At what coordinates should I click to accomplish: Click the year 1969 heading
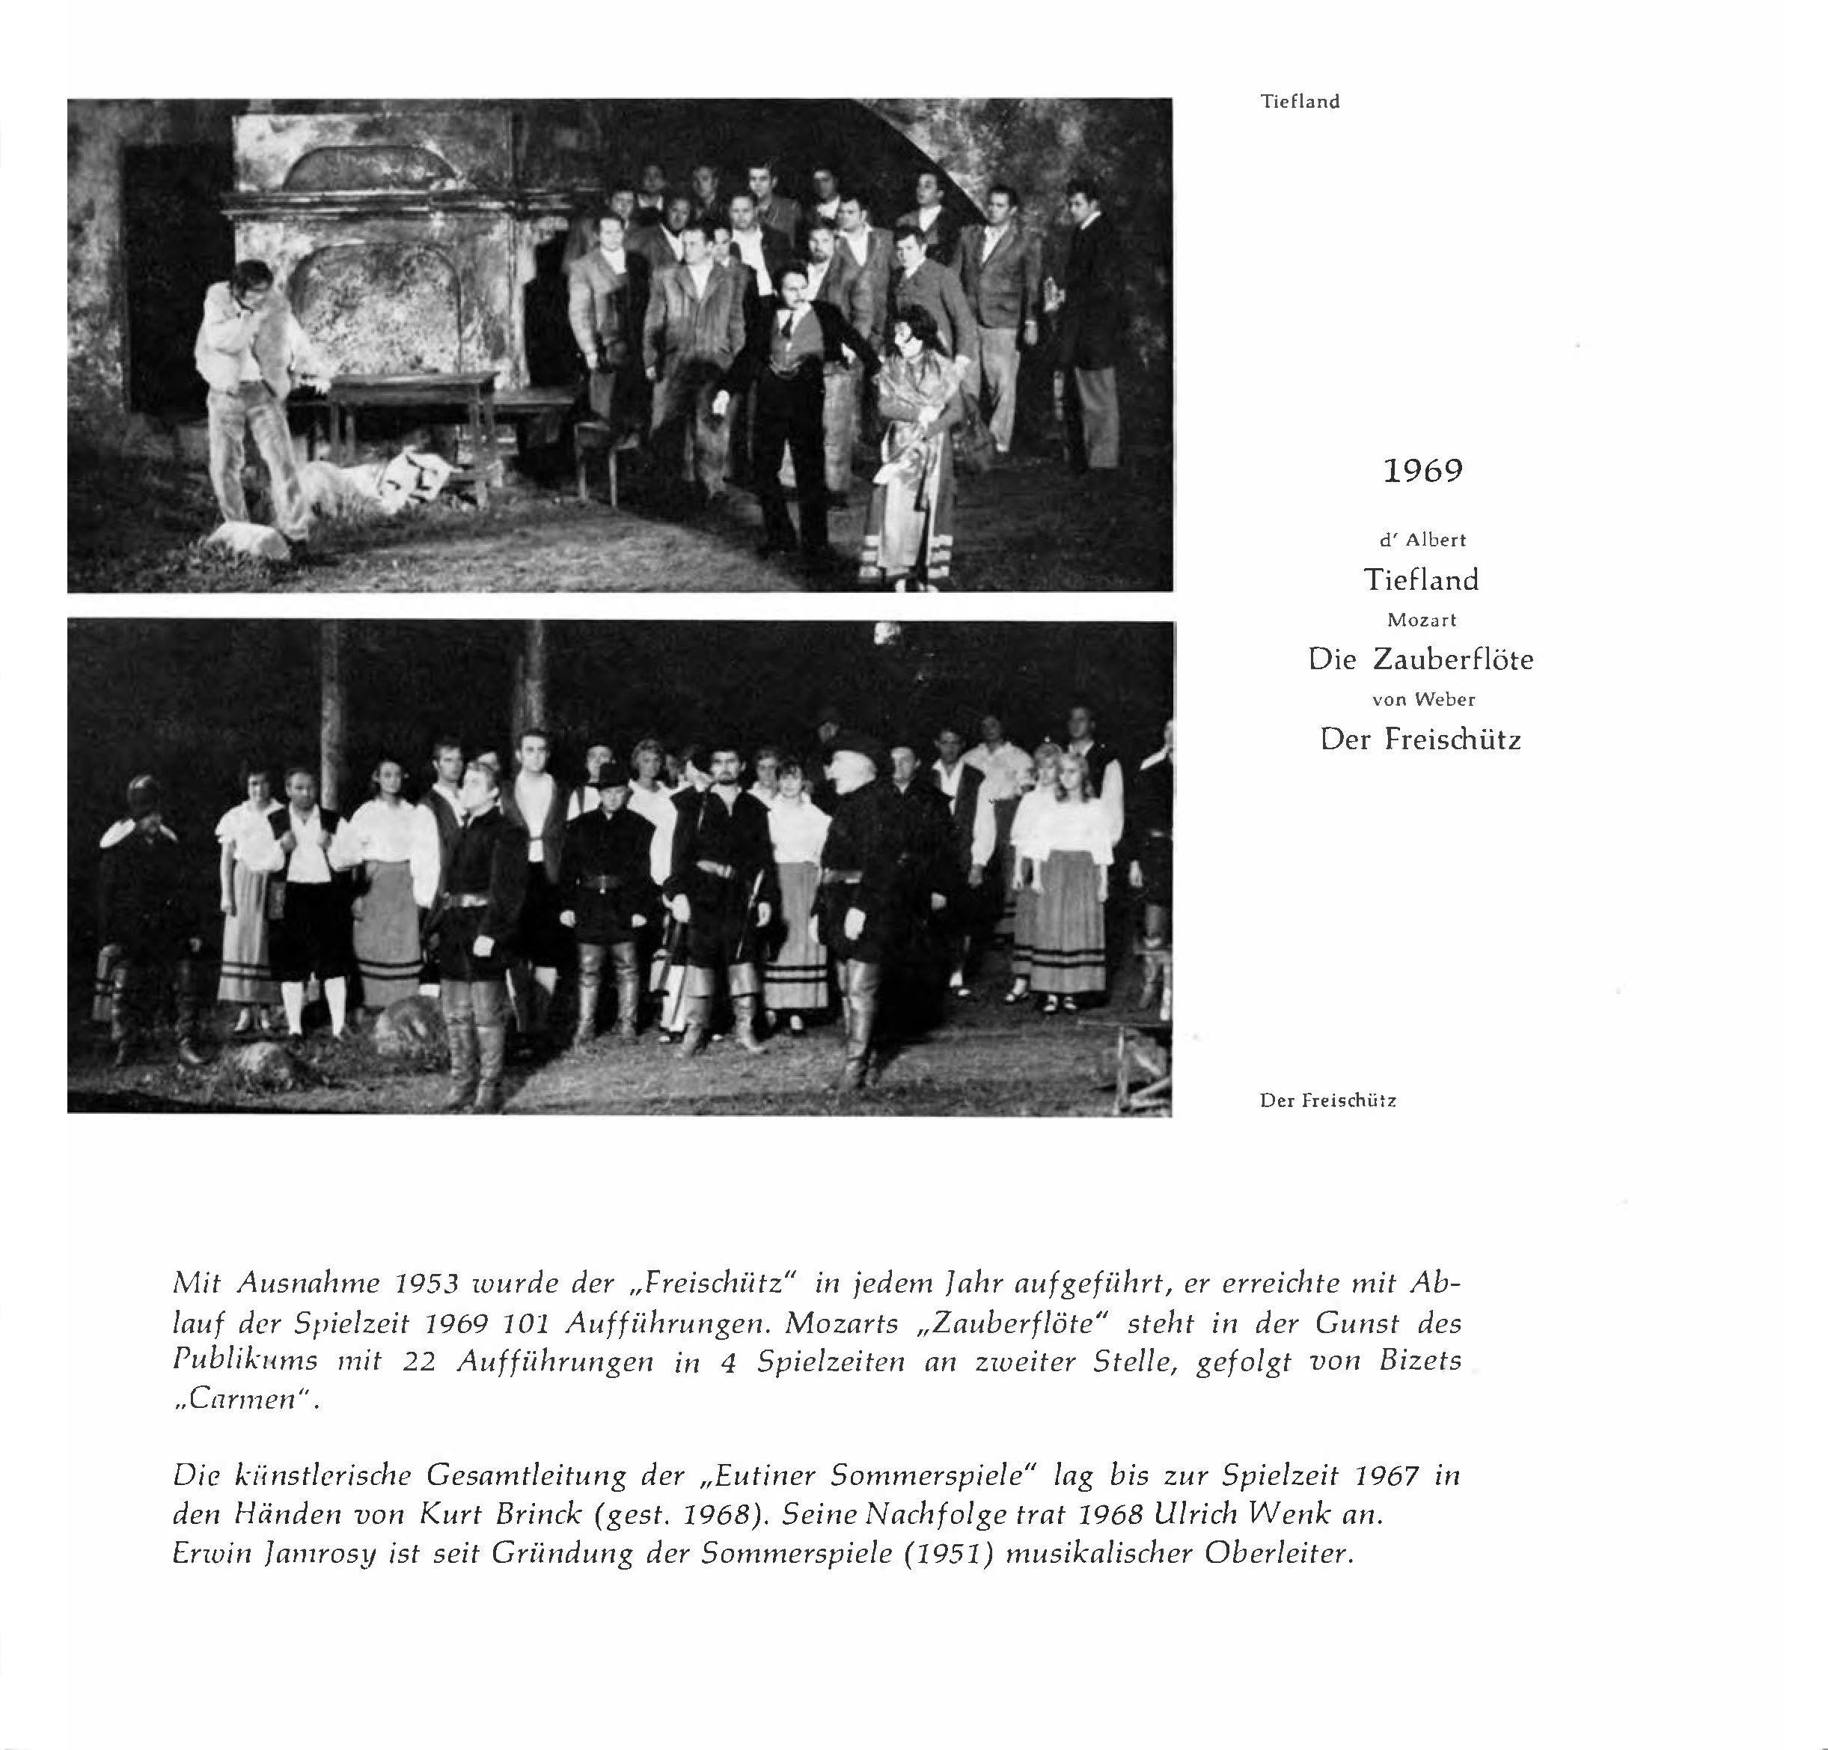point(1422,471)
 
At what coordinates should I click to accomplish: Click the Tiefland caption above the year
point(1300,102)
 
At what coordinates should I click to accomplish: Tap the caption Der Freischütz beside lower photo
point(1327,1101)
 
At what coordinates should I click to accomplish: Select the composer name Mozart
point(1422,621)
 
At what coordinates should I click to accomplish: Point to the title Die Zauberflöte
point(1420,659)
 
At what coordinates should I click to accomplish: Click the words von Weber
point(1423,698)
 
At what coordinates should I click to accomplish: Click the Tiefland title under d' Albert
point(1422,580)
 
